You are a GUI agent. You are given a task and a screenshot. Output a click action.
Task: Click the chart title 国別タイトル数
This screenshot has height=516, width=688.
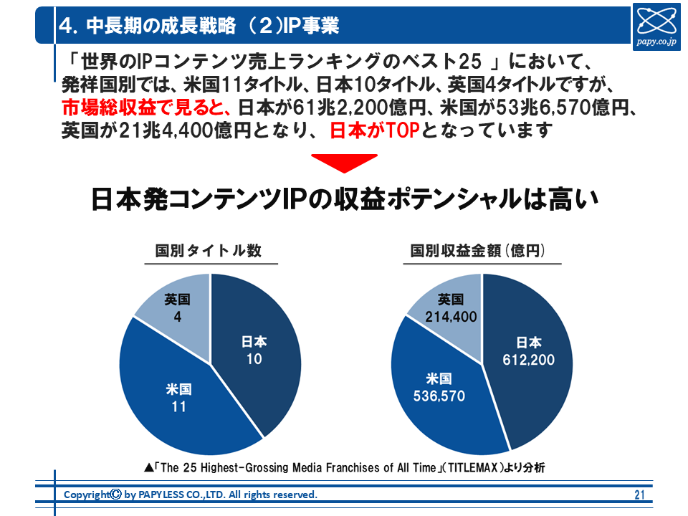tap(209, 252)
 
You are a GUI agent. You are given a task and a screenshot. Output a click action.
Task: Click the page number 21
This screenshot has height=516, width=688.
tap(640, 494)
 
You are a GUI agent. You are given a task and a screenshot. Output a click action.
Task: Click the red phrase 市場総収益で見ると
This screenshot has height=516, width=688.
tap(144, 110)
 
